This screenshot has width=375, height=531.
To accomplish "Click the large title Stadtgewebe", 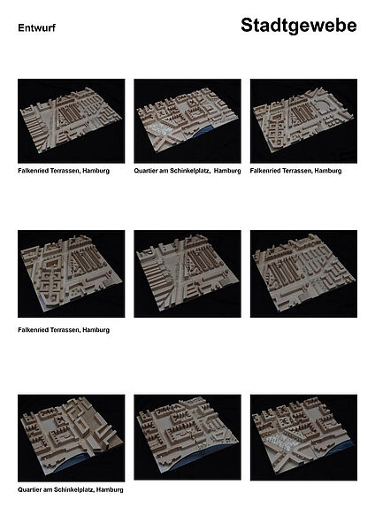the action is [299, 27].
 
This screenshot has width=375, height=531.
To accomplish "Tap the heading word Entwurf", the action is [36, 27].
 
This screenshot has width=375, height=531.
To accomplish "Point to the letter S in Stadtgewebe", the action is [247, 26].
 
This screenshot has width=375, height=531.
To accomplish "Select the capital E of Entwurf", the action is [20, 27].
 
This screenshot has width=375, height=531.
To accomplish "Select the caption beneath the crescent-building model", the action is [295, 171].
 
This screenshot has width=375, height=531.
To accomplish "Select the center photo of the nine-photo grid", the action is [187, 273].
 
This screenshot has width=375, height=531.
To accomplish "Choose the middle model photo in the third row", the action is [187, 437].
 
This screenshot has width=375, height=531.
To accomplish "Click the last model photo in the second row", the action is [303, 273].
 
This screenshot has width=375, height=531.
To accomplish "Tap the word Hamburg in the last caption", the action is [110, 489].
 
